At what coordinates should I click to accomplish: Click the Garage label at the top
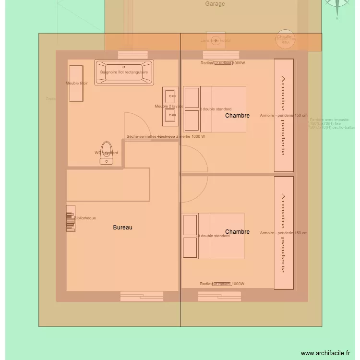pos(215,4)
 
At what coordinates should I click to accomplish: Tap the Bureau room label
pos(122,228)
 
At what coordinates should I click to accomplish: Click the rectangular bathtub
pos(124,72)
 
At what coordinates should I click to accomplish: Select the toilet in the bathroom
pos(107,152)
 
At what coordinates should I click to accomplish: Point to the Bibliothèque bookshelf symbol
pos(71,218)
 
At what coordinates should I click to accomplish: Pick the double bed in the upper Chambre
pos(215,109)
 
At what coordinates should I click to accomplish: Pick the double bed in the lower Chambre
pos(213,236)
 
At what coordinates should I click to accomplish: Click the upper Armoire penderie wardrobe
pos(283,115)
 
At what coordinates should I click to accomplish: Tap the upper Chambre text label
pos(237,116)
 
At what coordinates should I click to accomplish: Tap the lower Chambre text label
pos(237,232)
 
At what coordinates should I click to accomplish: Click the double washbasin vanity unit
pos(170,106)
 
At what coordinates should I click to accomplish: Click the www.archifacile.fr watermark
pos(325,353)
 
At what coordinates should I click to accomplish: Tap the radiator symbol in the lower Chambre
pos(222,284)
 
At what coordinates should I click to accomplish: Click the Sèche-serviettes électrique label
pos(166,136)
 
